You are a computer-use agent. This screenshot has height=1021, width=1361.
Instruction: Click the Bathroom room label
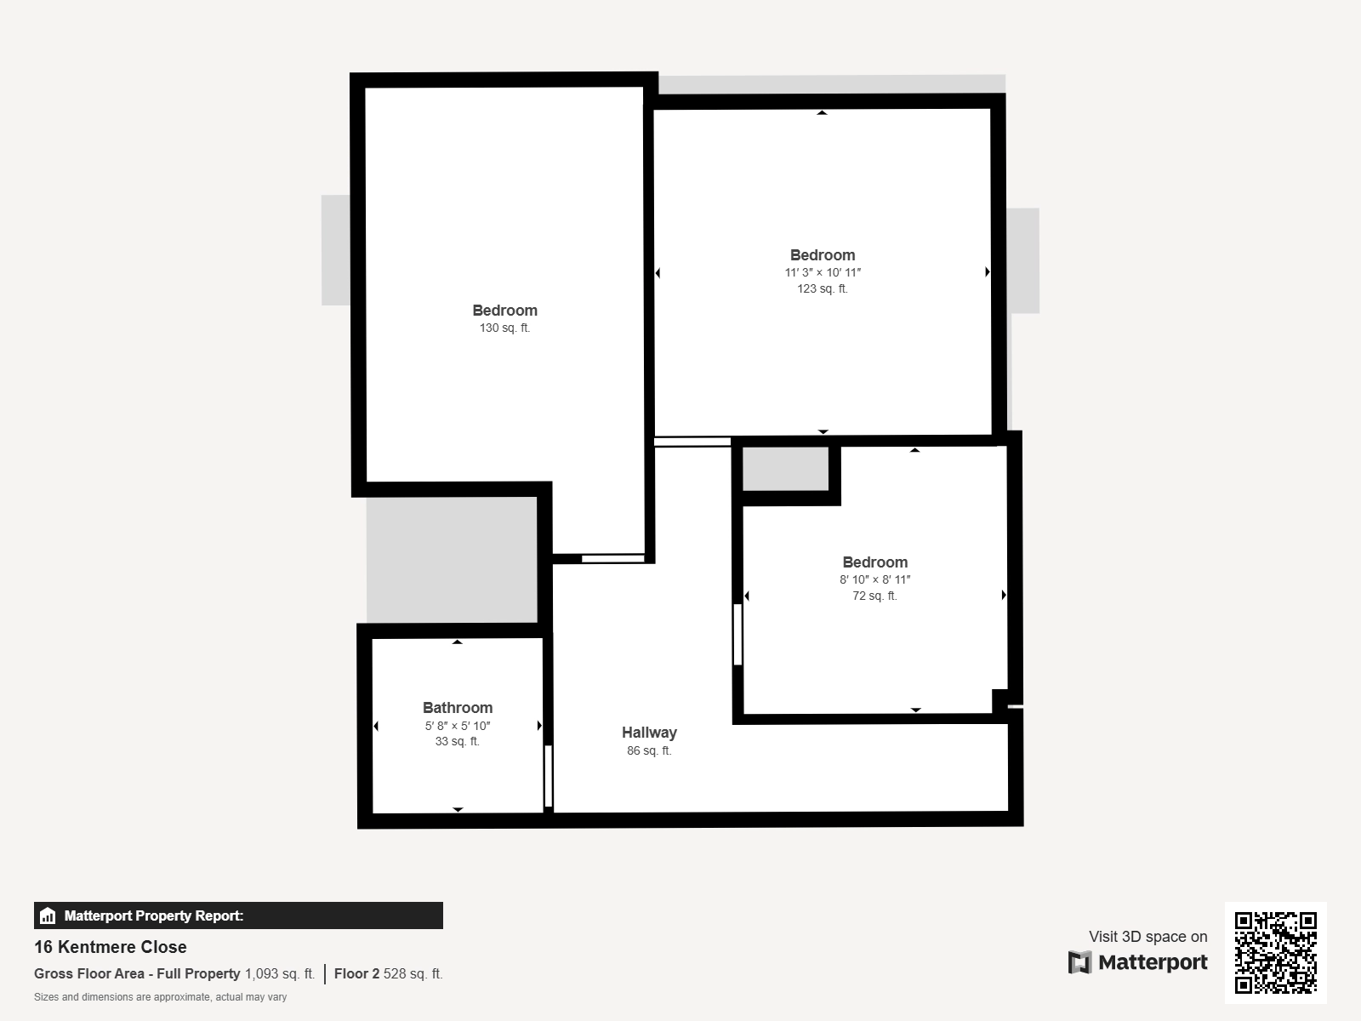point(458,708)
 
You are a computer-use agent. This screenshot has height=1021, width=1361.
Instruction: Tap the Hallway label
point(649,733)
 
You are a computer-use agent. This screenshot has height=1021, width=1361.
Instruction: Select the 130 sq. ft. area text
point(504,328)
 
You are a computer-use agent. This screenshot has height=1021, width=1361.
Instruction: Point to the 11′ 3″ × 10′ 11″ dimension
point(823,272)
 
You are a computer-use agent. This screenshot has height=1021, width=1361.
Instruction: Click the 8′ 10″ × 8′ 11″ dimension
point(875,579)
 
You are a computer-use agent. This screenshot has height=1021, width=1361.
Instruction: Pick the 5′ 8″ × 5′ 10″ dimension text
point(458,725)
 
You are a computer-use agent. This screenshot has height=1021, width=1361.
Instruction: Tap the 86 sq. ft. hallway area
point(649,750)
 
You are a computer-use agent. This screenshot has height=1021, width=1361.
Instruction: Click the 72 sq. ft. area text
point(875,596)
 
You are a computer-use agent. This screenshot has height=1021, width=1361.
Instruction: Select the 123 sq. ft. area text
point(823,288)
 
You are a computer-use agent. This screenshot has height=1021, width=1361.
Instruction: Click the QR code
point(1275,953)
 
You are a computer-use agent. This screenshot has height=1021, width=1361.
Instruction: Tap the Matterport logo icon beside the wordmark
point(1079,962)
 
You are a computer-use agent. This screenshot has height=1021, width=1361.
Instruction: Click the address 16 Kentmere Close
point(111,947)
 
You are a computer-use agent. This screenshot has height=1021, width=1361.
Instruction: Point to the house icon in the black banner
point(48,915)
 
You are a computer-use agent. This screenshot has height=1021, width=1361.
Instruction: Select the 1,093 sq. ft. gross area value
point(280,974)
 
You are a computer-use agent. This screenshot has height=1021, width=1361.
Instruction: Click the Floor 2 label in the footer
point(356,974)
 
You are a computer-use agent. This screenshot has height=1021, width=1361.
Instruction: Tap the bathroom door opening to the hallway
point(548,776)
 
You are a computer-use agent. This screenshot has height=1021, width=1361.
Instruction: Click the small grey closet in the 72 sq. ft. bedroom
point(786,469)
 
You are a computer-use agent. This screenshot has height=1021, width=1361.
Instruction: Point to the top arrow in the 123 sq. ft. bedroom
point(823,113)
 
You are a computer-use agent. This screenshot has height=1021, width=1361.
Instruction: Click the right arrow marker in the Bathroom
point(539,725)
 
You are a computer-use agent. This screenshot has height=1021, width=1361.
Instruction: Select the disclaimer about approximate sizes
point(160,997)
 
